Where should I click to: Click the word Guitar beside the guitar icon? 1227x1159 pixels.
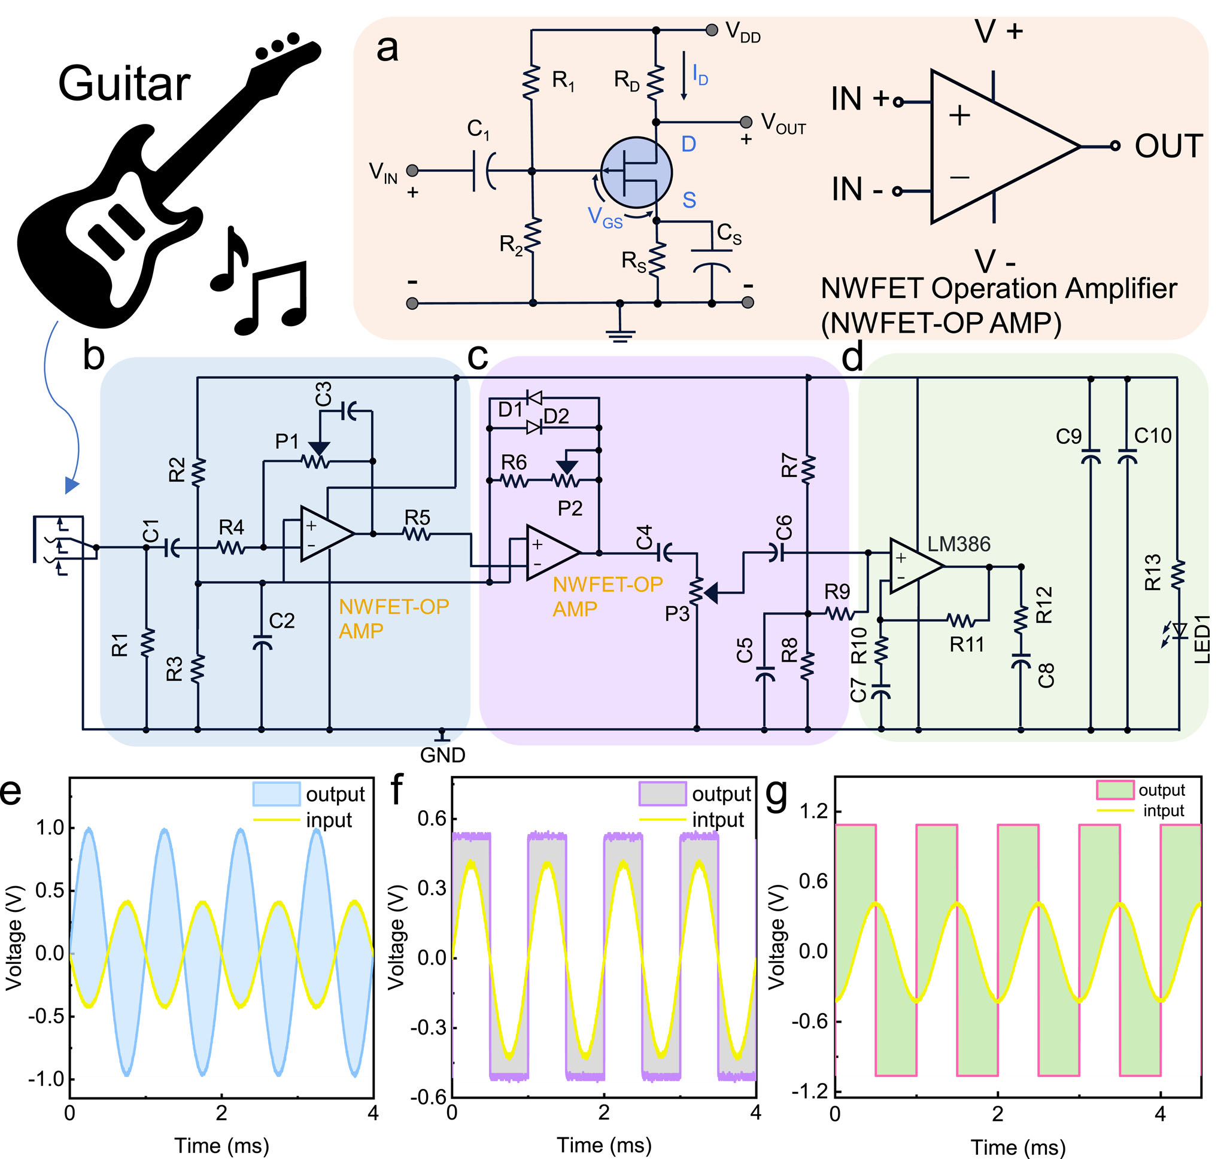124,84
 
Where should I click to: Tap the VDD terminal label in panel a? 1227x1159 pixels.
742,32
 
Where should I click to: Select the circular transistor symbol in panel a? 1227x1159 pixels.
636,172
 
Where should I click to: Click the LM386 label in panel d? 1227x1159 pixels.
959,544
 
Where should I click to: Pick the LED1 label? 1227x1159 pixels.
1202,644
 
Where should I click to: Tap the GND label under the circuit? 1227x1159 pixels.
442,755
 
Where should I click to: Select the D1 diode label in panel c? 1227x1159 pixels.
511,410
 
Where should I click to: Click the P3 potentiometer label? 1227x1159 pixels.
677,614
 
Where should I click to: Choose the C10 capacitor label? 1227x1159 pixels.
1153,436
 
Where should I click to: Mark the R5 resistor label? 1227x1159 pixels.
417,517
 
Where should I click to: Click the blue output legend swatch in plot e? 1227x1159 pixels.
277,794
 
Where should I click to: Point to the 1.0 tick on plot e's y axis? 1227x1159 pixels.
51,828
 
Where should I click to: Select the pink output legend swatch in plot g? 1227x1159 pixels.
1114,790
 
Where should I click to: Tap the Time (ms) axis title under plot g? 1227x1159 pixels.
1018,1147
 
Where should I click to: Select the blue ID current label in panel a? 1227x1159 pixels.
700,75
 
